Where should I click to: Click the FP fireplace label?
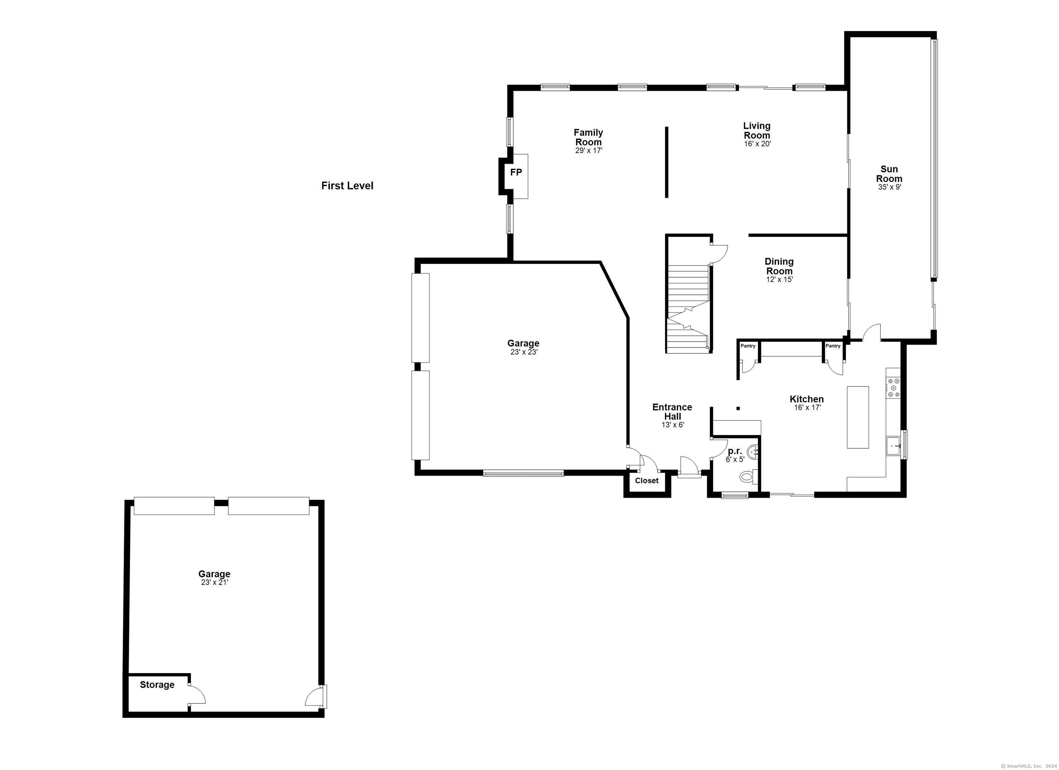click(516, 172)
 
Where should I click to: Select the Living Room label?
click(757, 130)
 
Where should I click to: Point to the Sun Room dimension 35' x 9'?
click(889, 187)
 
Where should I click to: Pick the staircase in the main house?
click(688, 308)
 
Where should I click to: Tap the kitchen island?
click(858, 417)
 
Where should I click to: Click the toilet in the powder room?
click(748, 477)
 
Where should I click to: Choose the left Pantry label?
click(748, 346)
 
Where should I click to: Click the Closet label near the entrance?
click(647, 480)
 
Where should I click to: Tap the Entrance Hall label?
click(672, 412)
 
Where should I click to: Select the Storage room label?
click(157, 685)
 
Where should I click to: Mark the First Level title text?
click(347, 186)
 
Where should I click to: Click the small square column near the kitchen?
click(738, 408)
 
